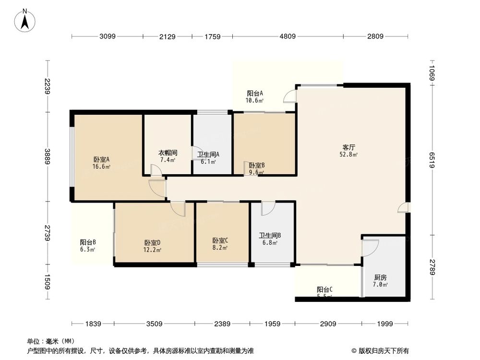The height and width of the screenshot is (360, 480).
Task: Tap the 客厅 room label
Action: click(348, 147)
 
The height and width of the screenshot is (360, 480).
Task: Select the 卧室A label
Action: click(101, 160)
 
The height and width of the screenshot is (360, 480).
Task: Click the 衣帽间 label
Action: click(168, 153)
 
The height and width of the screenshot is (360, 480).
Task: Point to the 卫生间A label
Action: click(209, 155)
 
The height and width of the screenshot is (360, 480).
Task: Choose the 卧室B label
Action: click(256, 165)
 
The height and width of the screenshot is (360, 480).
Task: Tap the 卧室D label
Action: click(152, 243)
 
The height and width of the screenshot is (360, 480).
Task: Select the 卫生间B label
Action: click(270, 236)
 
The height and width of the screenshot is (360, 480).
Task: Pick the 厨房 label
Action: click(380, 277)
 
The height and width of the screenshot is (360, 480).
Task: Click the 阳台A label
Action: click(255, 94)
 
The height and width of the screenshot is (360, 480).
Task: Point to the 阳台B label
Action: click(88, 242)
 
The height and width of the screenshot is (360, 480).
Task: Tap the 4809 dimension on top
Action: click(288, 36)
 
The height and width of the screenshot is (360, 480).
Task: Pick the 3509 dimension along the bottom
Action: click(155, 324)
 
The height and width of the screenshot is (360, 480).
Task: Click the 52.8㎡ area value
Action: click(349, 155)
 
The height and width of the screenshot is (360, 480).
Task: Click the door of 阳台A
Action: click(289, 96)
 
